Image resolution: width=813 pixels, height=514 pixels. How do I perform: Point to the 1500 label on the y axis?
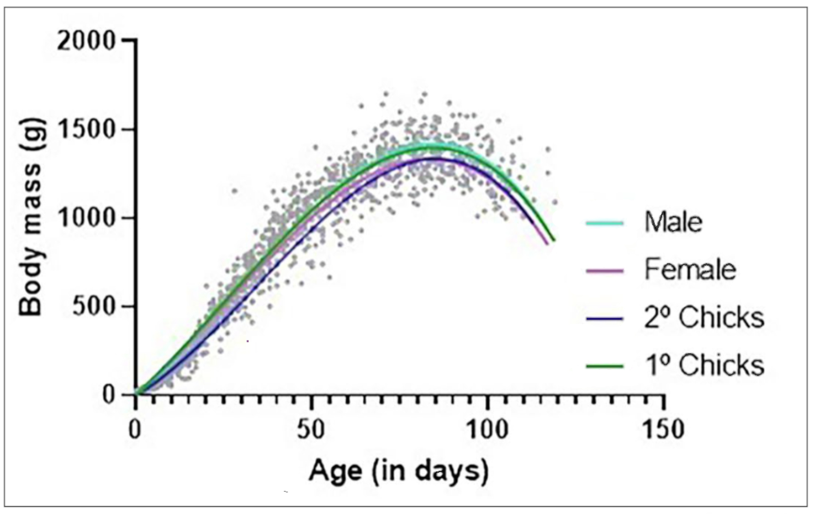click(x=86, y=130)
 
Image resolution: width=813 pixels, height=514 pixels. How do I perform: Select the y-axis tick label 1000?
click(x=86, y=218)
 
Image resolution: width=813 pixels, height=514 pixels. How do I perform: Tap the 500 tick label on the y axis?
click(x=93, y=306)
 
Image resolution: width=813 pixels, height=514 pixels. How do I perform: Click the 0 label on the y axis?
click(x=109, y=394)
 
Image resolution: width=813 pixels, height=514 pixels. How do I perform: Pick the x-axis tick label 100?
click(x=487, y=429)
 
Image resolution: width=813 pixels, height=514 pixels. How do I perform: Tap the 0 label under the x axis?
click(x=135, y=429)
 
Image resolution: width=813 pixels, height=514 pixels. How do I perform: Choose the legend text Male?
click(x=673, y=222)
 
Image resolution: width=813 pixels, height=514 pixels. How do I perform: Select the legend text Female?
click(x=690, y=270)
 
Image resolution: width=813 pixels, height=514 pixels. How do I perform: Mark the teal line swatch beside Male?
click(x=604, y=223)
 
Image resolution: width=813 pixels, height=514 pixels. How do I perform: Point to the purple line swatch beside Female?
click(x=604, y=270)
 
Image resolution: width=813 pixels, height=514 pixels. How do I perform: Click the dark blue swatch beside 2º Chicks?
click(x=604, y=318)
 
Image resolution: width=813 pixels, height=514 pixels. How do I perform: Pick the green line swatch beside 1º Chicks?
click(x=604, y=366)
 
